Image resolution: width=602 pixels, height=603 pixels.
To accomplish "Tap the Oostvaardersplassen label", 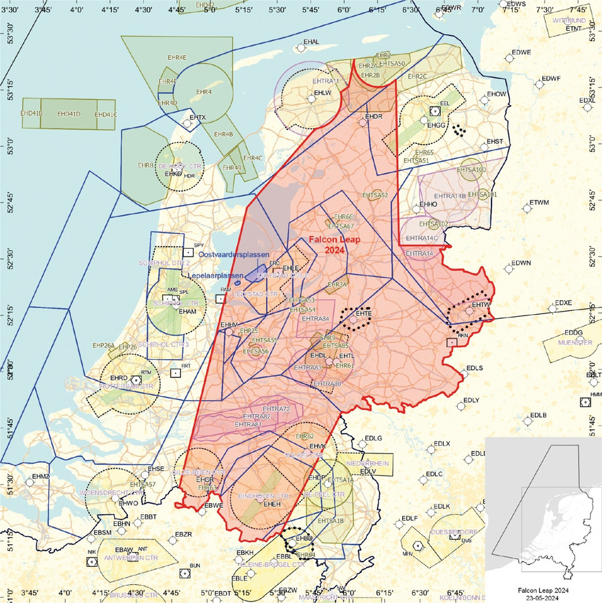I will pos(233,255).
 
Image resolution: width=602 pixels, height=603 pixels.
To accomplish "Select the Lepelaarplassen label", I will pos(215,275).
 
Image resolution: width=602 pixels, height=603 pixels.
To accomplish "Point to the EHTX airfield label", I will pos(198,118).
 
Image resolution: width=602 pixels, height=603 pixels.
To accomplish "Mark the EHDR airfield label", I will pos(373,117).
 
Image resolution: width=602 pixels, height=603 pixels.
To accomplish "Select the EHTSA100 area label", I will pos(471,170).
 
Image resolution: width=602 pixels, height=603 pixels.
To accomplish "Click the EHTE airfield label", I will pos(364,313).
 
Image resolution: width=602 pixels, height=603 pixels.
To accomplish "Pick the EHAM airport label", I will pos(188,312).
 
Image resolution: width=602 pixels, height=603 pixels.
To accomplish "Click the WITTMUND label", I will pos(569,21).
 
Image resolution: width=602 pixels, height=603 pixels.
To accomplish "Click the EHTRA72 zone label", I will pos(276,409).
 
